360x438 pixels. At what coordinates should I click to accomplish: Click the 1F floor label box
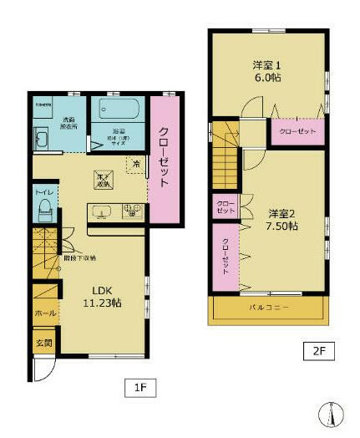tap(140, 388)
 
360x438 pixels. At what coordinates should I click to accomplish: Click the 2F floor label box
tap(319, 351)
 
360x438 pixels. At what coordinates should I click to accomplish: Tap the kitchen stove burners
tap(134, 211)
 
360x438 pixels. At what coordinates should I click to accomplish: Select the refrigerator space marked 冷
tap(135, 165)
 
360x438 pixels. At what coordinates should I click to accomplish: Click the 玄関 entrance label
tap(43, 343)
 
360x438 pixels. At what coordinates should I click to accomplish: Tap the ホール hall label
tap(44, 313)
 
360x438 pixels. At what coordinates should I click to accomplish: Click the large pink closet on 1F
tap(164, 159)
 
